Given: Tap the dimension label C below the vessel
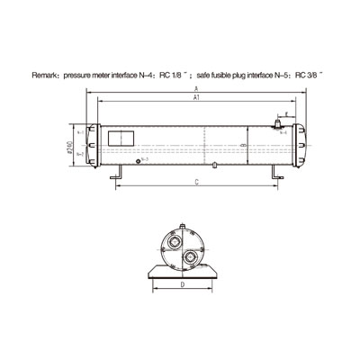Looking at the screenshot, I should (x=196, y=183).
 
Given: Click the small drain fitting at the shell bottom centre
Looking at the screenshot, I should (x=216, y=166).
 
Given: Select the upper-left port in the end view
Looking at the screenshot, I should (x=171, y=244).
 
